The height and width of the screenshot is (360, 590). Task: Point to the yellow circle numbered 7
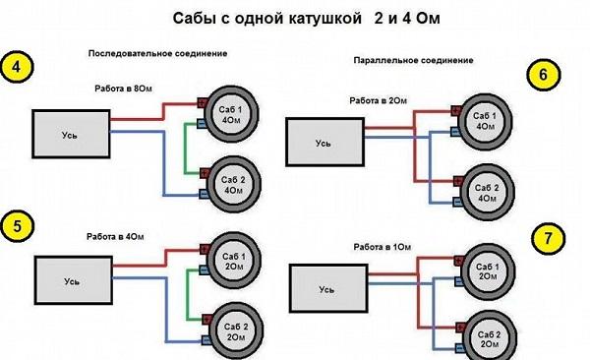click(544, 239)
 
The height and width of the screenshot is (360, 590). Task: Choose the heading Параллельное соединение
click(413, 60)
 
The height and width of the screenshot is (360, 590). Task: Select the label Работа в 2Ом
click(378, 100)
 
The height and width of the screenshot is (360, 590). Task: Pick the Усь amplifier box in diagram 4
click(69, 134)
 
